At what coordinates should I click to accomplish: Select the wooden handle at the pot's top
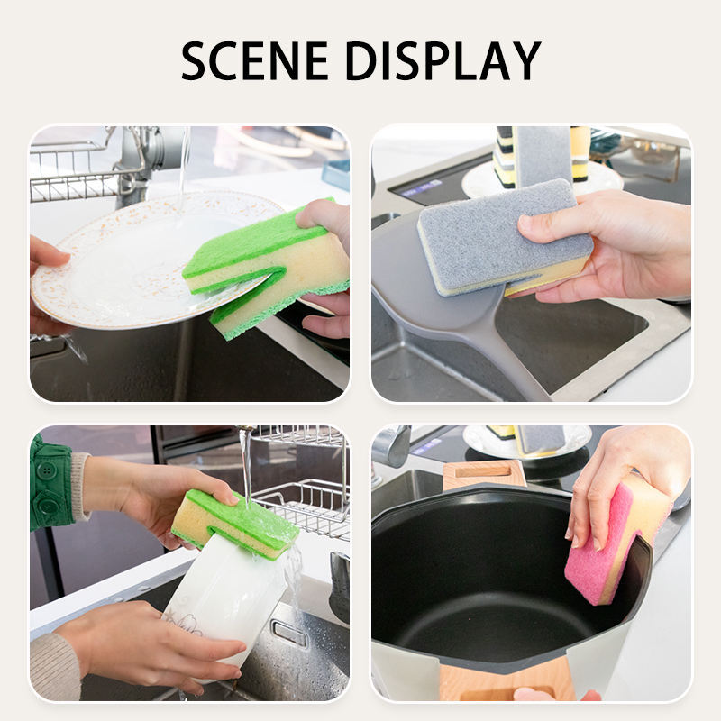coord(484,472)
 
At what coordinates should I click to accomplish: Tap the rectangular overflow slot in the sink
coord(289,632)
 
